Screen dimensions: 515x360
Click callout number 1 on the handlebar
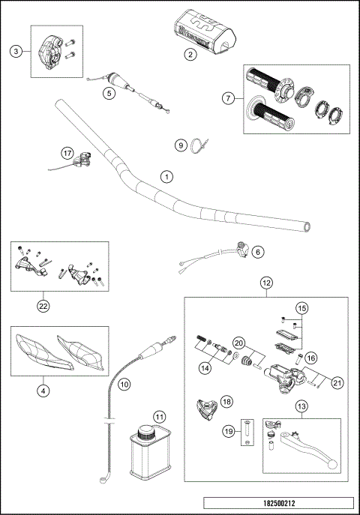166,178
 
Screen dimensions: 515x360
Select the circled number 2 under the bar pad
190,54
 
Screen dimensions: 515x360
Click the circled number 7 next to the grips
228,97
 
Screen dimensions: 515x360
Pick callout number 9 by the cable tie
180,145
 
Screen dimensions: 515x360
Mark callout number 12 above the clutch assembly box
265,283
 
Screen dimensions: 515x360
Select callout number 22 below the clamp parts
45,305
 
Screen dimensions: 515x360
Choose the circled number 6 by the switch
257,253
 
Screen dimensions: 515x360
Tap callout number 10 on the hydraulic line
124,383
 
